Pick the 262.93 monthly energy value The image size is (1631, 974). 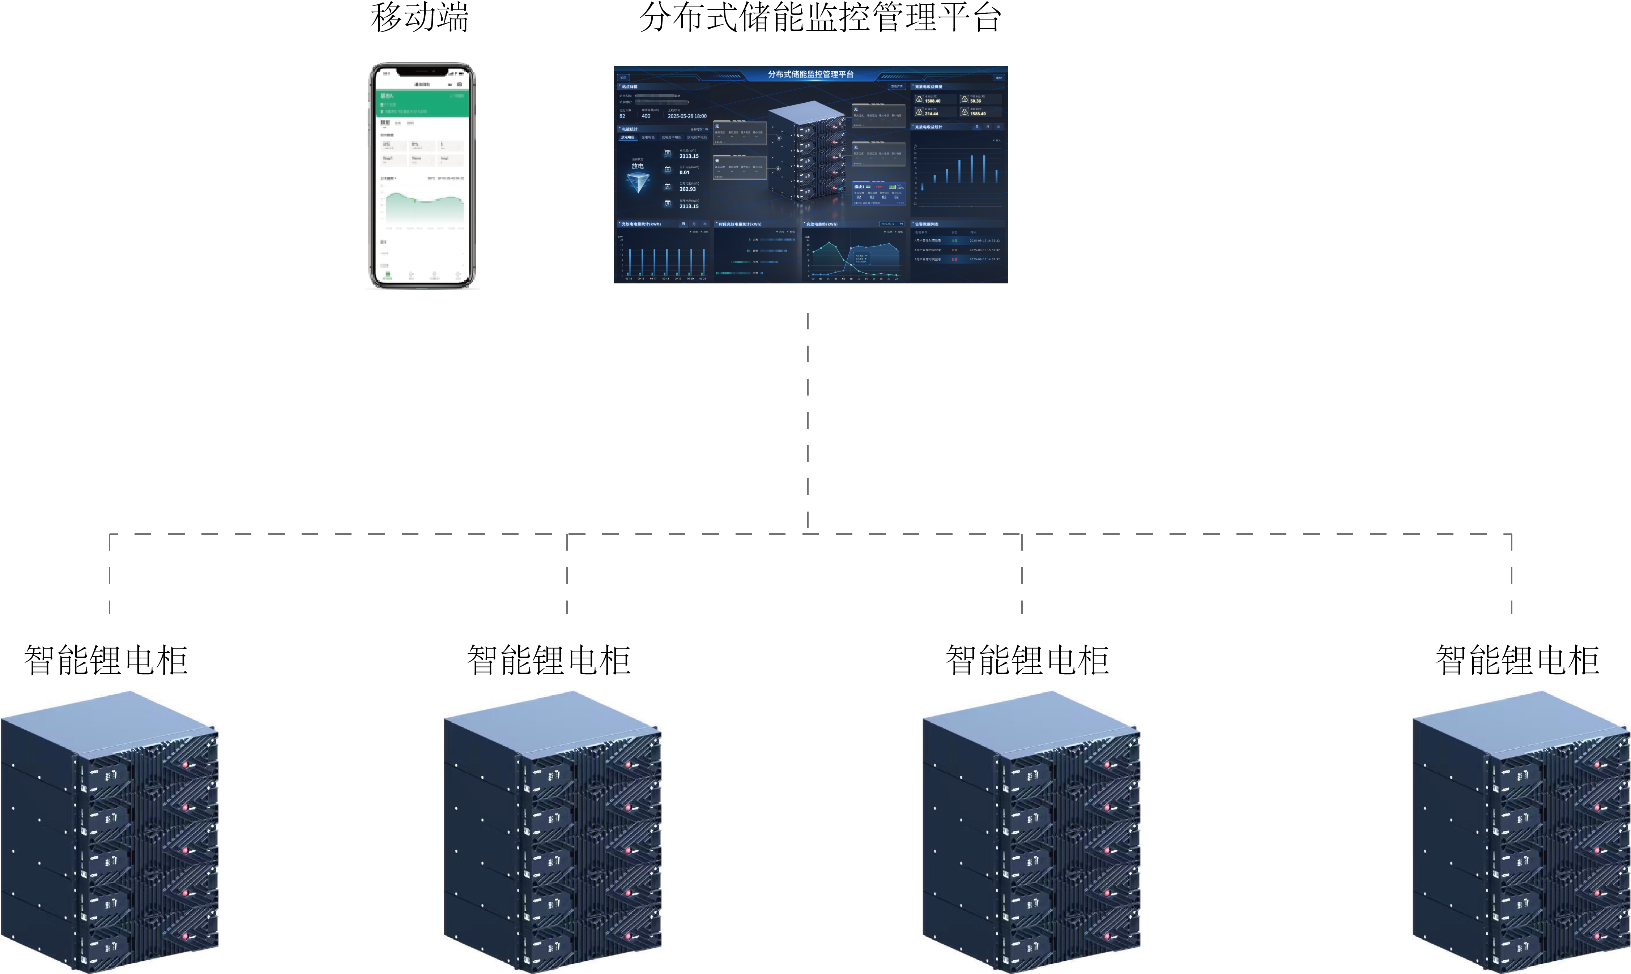click(688, 189)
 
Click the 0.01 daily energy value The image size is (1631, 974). click(685, 172)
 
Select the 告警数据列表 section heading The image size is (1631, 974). click(927, 225)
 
